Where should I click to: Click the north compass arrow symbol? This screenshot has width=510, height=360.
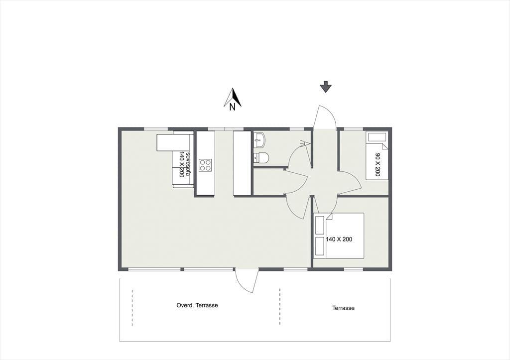point(233,97)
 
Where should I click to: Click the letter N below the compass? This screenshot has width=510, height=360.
point(232,107)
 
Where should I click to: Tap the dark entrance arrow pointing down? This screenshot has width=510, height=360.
point(325,88)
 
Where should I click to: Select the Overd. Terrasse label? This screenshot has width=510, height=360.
point(197,305)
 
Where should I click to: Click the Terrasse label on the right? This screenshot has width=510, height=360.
point(343,308)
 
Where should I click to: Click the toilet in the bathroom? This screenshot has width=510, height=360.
point(261,158)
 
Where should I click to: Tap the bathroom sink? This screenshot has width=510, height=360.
point(260,140)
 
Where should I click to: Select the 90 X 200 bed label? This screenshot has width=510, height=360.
point(378,164)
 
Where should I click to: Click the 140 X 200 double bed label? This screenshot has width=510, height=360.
point(339,240)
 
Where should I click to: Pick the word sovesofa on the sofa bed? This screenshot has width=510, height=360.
point(187,161)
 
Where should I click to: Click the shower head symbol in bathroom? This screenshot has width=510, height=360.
point(305,143)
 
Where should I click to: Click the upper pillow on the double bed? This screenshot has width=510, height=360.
point(320,225)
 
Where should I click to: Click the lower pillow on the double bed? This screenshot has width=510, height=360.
point(320,245)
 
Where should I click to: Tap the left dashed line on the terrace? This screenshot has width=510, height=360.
point(132,307)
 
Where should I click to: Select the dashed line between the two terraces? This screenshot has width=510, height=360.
point(280,306)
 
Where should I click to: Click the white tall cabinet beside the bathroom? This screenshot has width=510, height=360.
point(243,163)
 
